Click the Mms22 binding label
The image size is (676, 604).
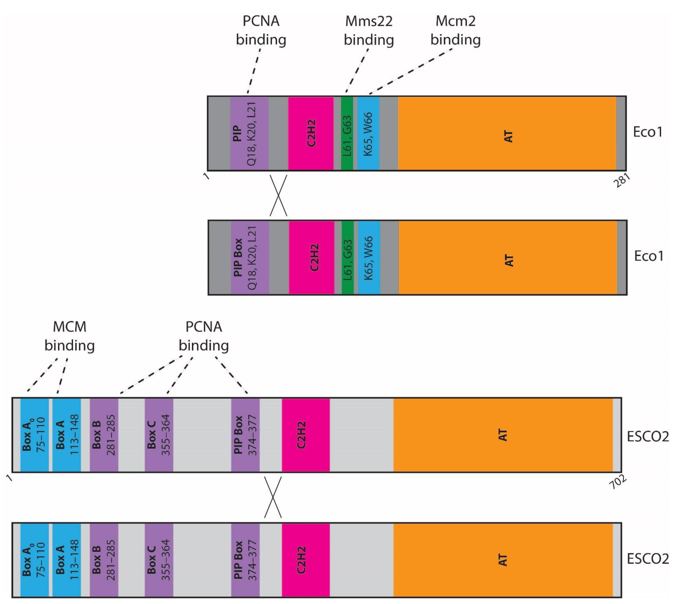[x=369, y=30]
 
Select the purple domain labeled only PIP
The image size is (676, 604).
[x=249, y=133]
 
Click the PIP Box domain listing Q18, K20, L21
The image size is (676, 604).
[x=250, y=258]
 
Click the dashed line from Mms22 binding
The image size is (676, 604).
[x=357, y=71]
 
